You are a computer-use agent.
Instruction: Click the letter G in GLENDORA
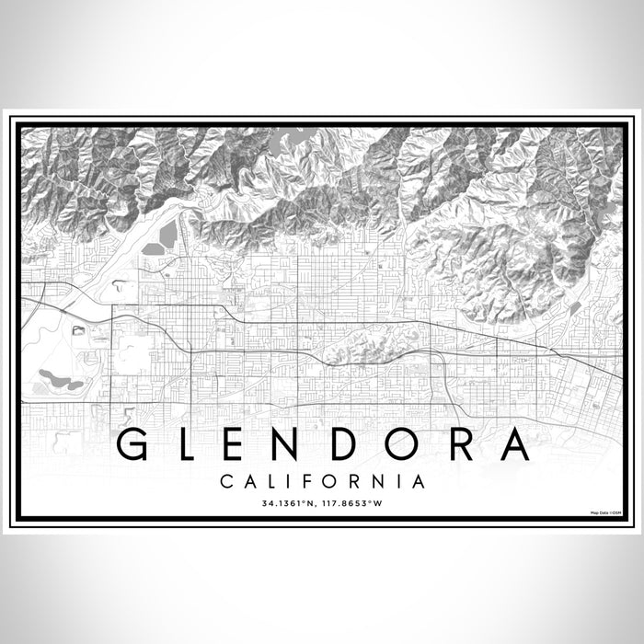(134, 445)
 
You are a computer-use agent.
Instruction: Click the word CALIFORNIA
(322, 481)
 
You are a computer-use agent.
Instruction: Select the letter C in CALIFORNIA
(226, 481)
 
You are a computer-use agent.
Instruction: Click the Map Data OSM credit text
(605, 512)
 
